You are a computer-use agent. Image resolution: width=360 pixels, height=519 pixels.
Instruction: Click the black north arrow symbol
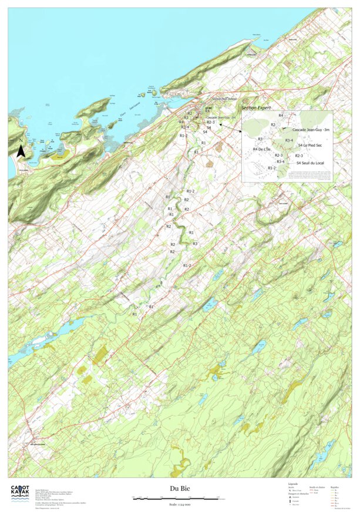tap(21, 151)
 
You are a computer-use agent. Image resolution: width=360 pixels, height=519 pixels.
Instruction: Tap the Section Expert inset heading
tap(257, 108)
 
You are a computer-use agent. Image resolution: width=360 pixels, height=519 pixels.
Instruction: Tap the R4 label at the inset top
tap(281, 116)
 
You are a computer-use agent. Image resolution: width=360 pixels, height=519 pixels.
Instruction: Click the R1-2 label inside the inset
tap(272, 168)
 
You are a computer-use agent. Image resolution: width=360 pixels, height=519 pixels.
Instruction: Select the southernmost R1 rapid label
tap(134, 315)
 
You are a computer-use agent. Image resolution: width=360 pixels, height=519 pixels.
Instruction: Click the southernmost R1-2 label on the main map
tap(187, 266)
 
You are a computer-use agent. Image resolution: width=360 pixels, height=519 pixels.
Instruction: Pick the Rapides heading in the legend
tap(335, 487)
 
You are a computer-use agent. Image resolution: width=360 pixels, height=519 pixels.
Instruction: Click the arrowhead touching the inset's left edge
tap(221, 124)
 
